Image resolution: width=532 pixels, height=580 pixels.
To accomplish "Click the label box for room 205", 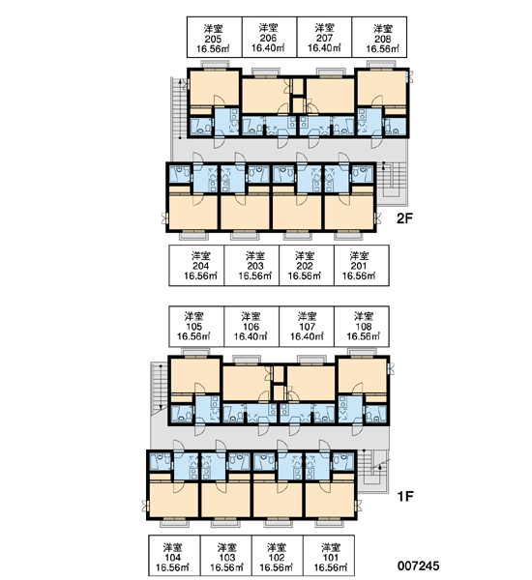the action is (x=215, y=37).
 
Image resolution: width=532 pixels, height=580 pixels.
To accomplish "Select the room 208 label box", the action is (x=379, y=37).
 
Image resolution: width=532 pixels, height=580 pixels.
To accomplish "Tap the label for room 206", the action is (x=270, y=37).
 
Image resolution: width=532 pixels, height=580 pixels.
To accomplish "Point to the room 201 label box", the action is (x=362, y=265).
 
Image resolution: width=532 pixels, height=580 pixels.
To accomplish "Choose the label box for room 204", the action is (x=196, y=265).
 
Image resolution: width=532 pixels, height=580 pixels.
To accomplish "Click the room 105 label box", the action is (x=196, y=327).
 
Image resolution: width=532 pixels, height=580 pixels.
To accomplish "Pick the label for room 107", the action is (x=307, y=327).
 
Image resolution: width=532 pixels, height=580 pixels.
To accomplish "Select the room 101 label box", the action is (x=329, y=555).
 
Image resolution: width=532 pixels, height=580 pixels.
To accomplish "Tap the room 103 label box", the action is (x=226, y=555).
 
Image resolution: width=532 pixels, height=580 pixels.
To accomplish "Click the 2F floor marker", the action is (x=404, y=218).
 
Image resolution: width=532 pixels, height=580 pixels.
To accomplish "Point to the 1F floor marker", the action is (x=404, y=496).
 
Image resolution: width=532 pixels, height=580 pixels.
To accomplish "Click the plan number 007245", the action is (x=419, y=565).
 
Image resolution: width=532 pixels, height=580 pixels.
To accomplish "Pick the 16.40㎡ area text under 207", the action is (x=324, y=47).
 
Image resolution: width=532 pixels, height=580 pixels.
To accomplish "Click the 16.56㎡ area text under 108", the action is (x=363, y=336).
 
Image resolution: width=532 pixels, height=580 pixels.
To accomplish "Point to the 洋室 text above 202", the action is (x=305, y=255).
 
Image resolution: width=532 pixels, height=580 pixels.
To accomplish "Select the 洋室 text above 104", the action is (x=172, y=547).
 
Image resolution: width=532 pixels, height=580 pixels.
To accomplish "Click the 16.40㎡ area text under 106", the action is (x=251, y=336).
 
